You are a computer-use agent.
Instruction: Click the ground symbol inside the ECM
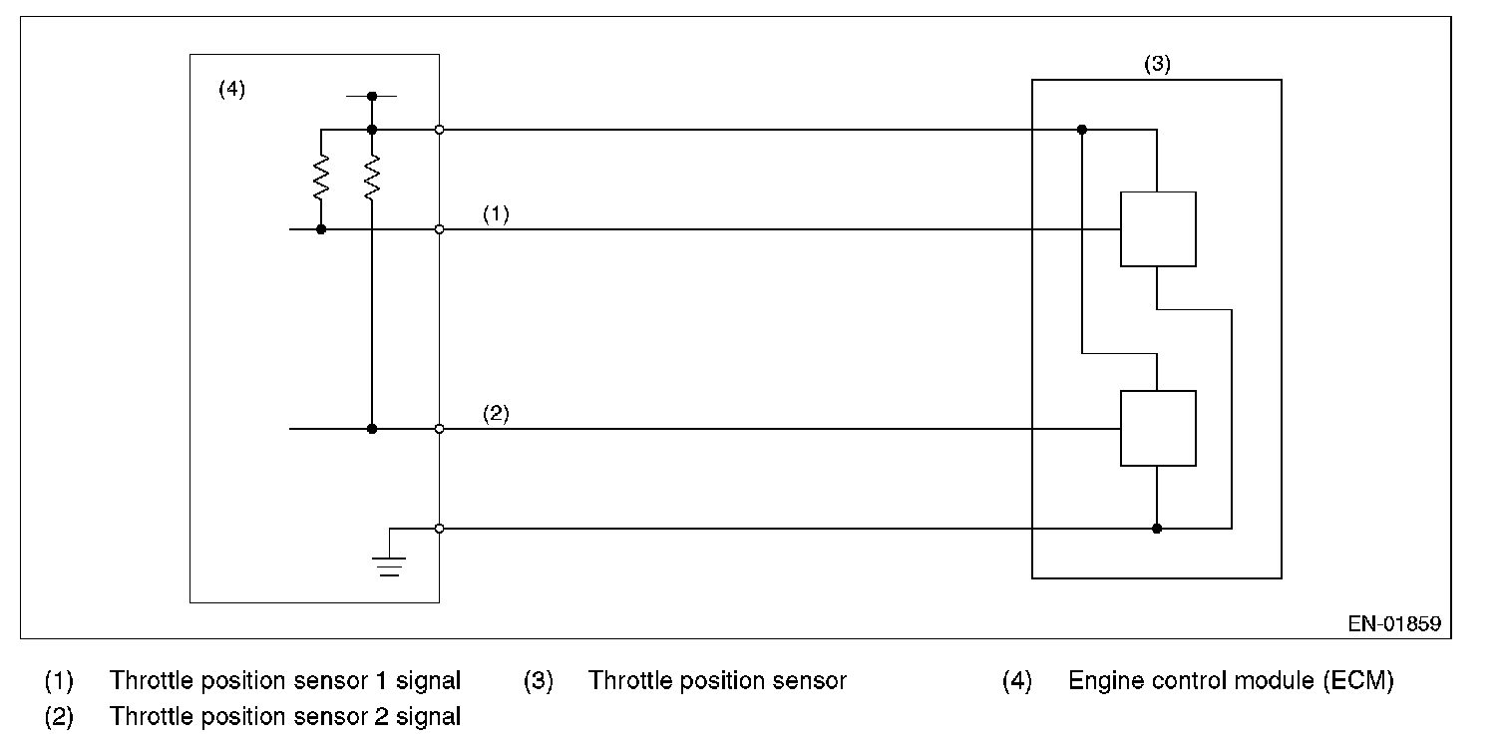pyautogui.click(x=389, y=565)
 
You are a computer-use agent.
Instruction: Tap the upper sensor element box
pyautogui.click(x=1158, y=229)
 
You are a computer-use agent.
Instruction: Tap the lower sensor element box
pyautogui.click(x=1158, y=428)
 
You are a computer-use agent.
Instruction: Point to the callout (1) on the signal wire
pyautogui.click(x=497, y=214)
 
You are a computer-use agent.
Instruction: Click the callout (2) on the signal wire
pyautogui.click(x=497, y=413)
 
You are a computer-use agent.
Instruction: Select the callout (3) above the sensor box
pyautogui.click(x=1157, y=64)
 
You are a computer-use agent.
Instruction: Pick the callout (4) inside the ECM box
pyautogui.click(x=232, y=89)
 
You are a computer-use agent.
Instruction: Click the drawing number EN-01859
pyautogui.click(x=1394, y=624)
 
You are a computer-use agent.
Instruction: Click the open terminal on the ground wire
pyautogui.click(x=439, y=529)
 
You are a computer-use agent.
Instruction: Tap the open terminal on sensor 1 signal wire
pyautogui.click(x=439, y=229)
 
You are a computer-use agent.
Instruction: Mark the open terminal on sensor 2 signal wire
pyautogui.click(x=439, y=429)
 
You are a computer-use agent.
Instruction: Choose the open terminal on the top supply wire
pyautogui.click(x=439, y=130)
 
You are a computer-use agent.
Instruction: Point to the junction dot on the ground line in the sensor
pyautogui.click(x=1157, y=529)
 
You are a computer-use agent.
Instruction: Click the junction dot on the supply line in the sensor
pyautogui.click(x=1081, y=130)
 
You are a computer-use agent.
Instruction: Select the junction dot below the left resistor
pyautogui.click(x=321, y=229)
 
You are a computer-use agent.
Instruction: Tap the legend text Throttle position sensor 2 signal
pyautogui.click(x=285, y=716)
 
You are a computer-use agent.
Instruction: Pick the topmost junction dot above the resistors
pyautogui.click(x=372, y=97)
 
